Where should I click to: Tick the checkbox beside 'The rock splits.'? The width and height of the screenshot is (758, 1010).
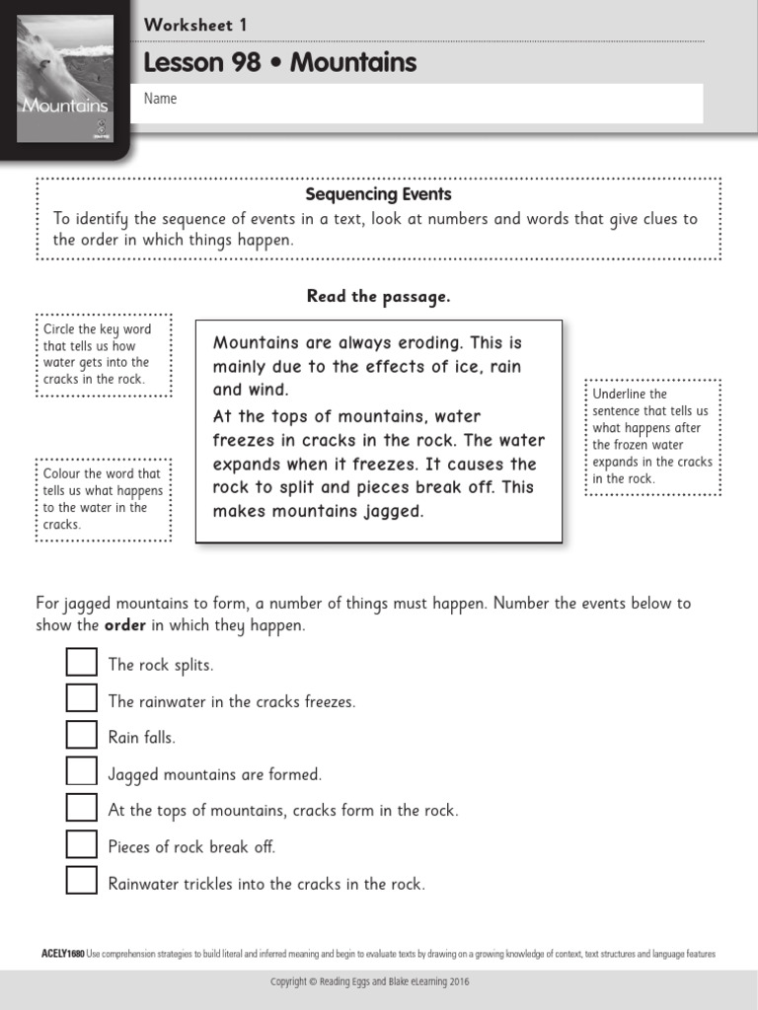pyautogui.click(x=82, y=662)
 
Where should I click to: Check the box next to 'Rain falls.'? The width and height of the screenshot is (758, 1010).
pyautogui.click(x=82, y=735)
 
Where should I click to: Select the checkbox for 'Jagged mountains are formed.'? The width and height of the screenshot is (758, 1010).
pyautogui.click(x=82, y=771)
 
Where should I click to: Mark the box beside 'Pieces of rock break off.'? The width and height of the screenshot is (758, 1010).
pyautogui.click(x=82, y=844)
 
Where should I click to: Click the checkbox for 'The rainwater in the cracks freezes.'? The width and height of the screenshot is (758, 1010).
pyautogui.click(x=82, y=698)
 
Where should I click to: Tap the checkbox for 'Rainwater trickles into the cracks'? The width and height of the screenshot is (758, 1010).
pyautogui.click(x=82, y=881)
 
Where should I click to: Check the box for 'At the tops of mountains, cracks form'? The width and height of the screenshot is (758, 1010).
pyautogui.click(x=82, y=808)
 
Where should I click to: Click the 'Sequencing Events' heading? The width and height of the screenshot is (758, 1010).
pyautogui.click(x=378, y=194)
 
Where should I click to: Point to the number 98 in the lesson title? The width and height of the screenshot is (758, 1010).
pyautogui.click(x=243, y=63)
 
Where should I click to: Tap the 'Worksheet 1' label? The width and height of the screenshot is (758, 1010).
pyautogui.click(x=195, y=25)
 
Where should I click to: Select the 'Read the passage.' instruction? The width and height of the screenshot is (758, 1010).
pyautogui.click(x=378, y=296)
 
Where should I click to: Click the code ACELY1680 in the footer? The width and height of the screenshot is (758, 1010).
pyautogui.click(x=62, y=954)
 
